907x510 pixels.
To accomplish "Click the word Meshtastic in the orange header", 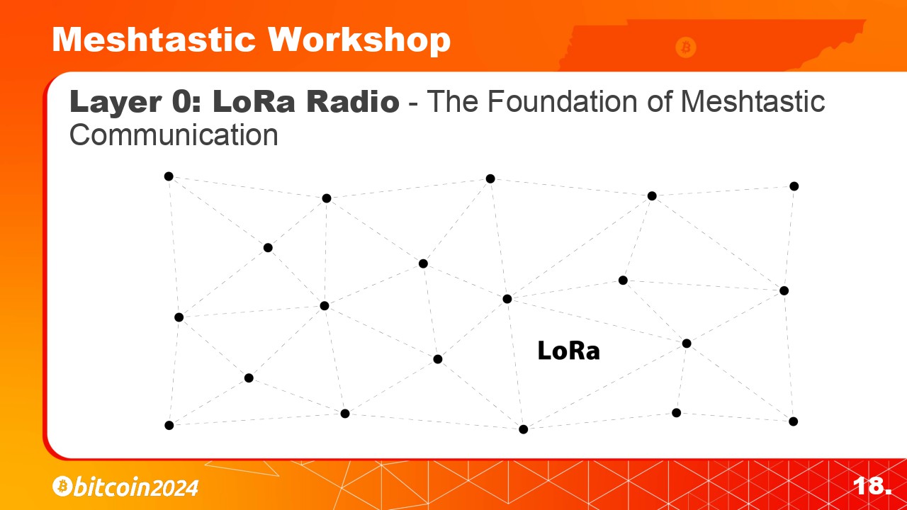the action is (154, 39).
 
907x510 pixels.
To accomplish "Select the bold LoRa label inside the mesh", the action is (568, 351).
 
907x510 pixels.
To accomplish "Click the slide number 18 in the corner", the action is (872, 485).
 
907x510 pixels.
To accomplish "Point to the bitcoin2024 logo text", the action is (136, 487).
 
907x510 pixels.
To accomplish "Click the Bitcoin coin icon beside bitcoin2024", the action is (62, 486).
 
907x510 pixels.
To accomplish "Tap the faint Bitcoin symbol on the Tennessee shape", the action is (685, 47).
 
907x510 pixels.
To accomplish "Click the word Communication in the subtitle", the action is (174, 135).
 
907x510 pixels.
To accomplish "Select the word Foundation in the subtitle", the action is (563, 101).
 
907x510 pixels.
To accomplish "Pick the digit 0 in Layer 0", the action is (182, 101).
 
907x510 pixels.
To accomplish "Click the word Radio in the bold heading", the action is (353, 101).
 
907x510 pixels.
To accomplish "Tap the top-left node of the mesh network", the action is (169, 176).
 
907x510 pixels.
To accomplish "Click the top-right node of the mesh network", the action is (794, 186).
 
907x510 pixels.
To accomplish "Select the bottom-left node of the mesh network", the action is (169, 425).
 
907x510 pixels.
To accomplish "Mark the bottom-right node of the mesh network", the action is (793, 421).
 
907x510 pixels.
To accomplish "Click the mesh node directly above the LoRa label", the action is (507, 299).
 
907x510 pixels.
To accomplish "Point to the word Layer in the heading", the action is (116, 102).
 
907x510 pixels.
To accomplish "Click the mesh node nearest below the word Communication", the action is (169, 176).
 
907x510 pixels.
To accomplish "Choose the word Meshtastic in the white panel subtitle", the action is (753, 101).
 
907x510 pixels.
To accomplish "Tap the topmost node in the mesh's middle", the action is (490, 178).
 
